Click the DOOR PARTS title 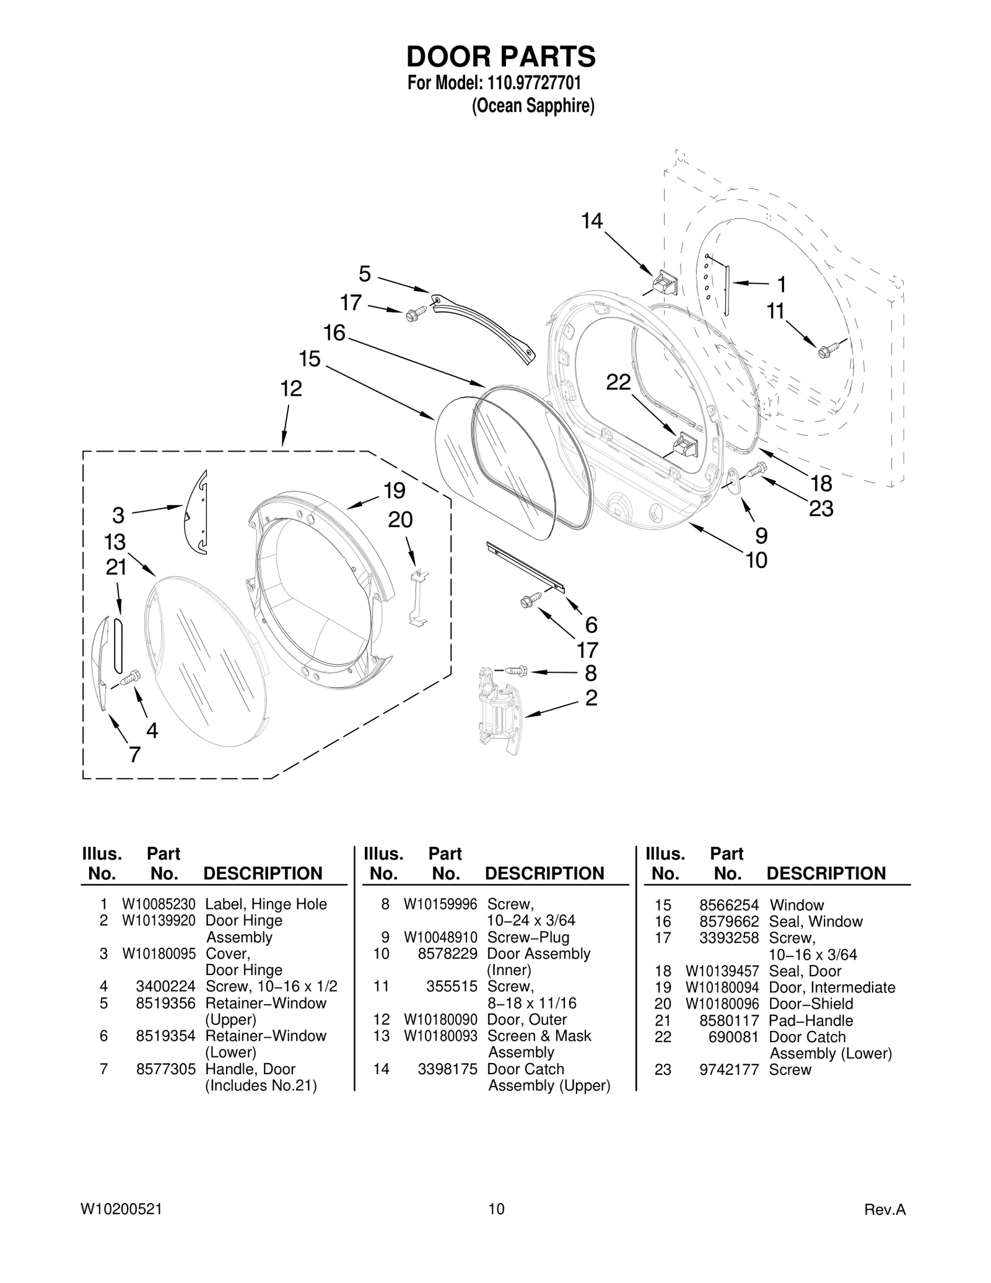tap(500, 56)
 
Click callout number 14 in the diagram tap(592, 221)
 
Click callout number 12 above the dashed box tap(290, 388)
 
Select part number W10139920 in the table tap(159, 921)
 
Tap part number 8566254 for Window tap(733, 905)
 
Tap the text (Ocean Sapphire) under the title tap(533, 107)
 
